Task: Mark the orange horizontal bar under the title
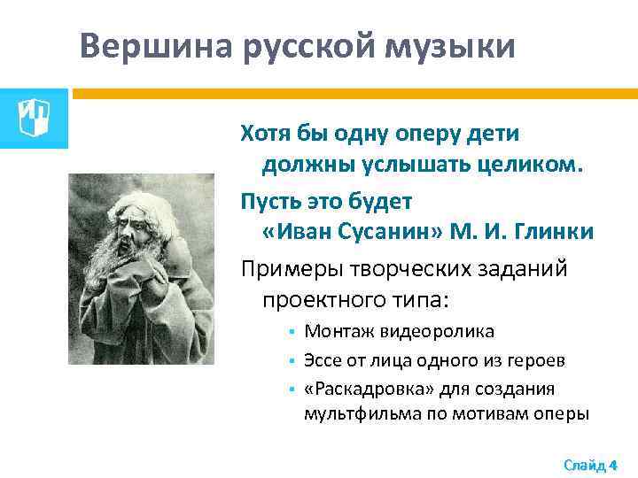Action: point(354,92)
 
